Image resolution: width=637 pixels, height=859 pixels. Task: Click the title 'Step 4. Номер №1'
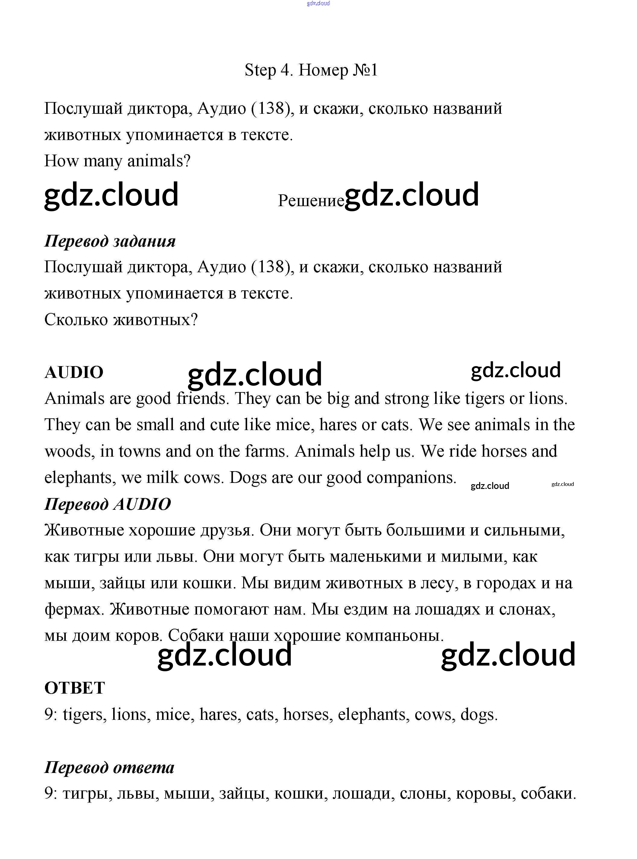[x=311, y=70]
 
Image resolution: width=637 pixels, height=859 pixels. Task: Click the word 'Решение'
[x=311, y=201]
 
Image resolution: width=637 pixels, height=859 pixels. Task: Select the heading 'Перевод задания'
[x=110, y=241]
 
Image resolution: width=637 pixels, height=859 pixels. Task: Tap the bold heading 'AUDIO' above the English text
[x=74, y=373]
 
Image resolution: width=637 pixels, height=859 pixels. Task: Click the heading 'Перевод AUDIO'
[x=108, y=504]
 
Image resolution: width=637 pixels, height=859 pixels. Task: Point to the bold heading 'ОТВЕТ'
[x=75, y=688]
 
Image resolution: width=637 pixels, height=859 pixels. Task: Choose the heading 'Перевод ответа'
[x=110, y=767]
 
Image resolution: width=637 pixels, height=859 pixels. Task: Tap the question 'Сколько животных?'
[x=121, y=319]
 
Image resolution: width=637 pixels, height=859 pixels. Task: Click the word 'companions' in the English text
[x=411, y=477]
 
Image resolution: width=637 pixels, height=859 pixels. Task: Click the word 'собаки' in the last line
[x=548, y=794]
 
